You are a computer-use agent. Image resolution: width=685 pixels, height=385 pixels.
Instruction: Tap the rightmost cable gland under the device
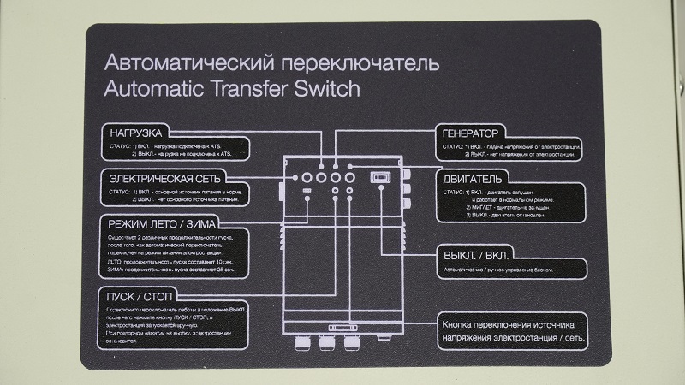pyautogui.click(x=350, y=341)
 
